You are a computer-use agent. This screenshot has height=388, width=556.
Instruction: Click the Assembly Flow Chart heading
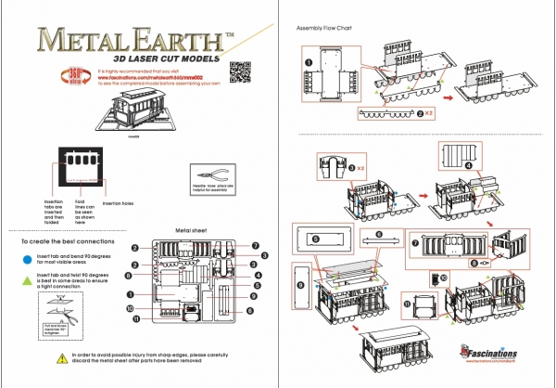pos(322,28)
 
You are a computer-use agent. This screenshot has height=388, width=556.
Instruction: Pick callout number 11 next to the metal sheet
pos(135,319)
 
